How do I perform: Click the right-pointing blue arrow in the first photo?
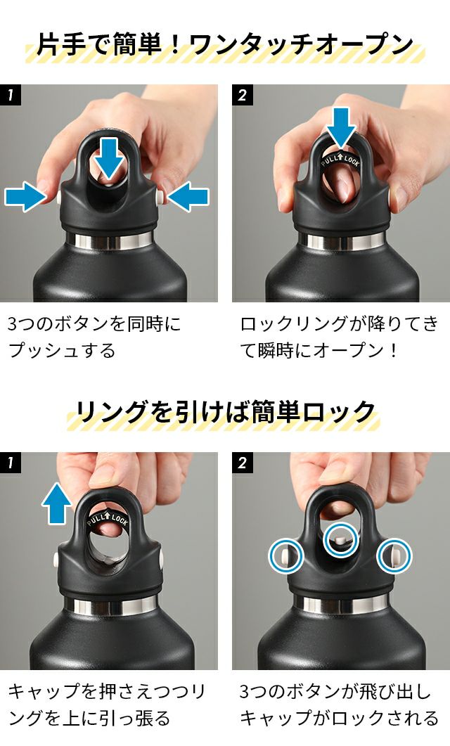pyautogui.click(x=25, y=196)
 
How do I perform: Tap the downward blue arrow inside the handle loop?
pyautogui.click(x=109, y=157)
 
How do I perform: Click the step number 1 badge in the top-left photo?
pyautogui.click(x=11, y=95)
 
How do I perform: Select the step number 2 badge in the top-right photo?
pyautogui.click(x=242, y=95)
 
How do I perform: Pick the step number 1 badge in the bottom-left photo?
pyautogui.click(x=11, y=463)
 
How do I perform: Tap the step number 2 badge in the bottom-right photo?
pyautogui.click(x=242, y=463)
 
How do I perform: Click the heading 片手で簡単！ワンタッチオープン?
pyautogui.click(x=224, y=45)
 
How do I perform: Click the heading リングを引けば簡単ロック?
pyautogui.click(x=225, y=412)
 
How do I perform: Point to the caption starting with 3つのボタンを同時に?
pyautogui.click(x=94, y=337)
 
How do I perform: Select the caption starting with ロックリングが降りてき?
pyautogui.click(x=339, y=337)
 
